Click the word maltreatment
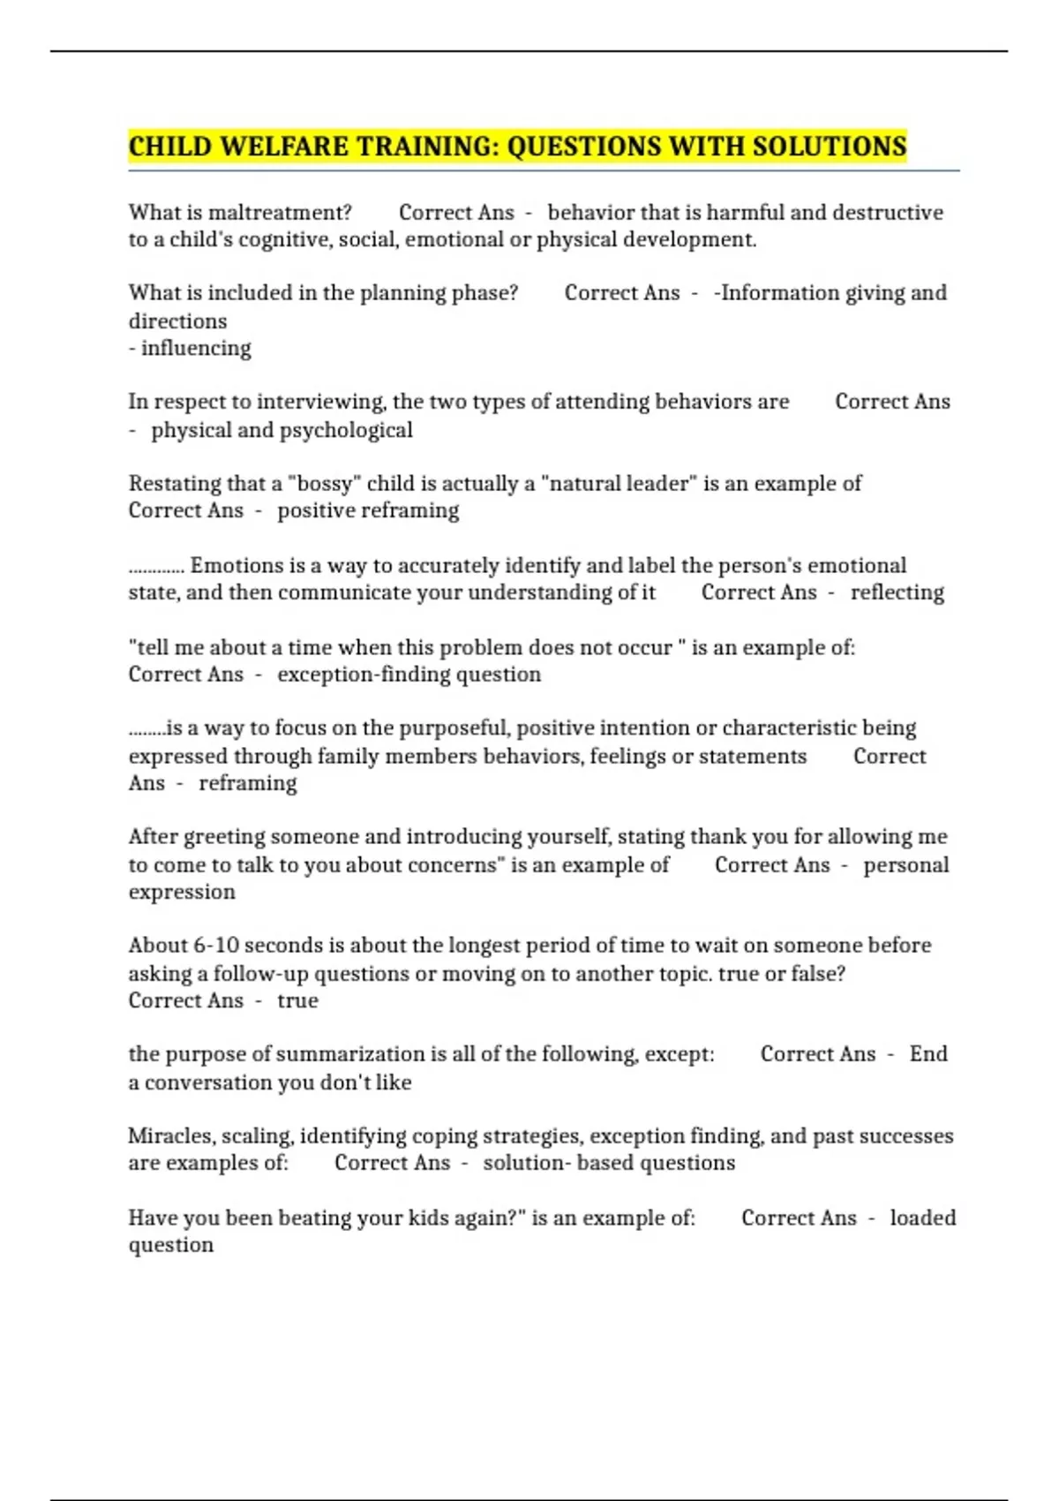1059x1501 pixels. tap(280, 213)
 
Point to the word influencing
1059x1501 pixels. tap(196, 349)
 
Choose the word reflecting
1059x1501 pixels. tap(897, 592)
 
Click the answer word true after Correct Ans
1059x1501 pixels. tap(297, 1001)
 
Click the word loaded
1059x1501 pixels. tap(922, 1218)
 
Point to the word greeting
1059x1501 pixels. tap(223, 837)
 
